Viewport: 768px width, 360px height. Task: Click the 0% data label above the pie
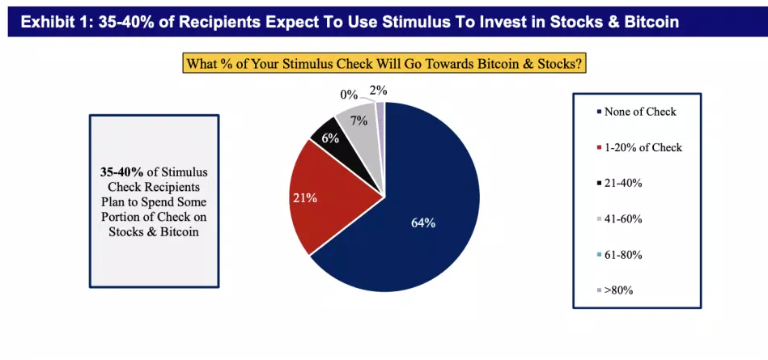tap(349, 95)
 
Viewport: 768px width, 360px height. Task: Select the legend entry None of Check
tap(639, 112)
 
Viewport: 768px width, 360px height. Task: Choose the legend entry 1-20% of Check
tap(643, 147)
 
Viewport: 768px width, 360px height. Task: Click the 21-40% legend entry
tap(623, 183)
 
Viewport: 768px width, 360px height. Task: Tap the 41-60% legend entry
tap(623, 218)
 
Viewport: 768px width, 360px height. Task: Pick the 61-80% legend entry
tap(623, 254)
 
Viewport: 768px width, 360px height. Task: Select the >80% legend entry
tap(618, 290)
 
